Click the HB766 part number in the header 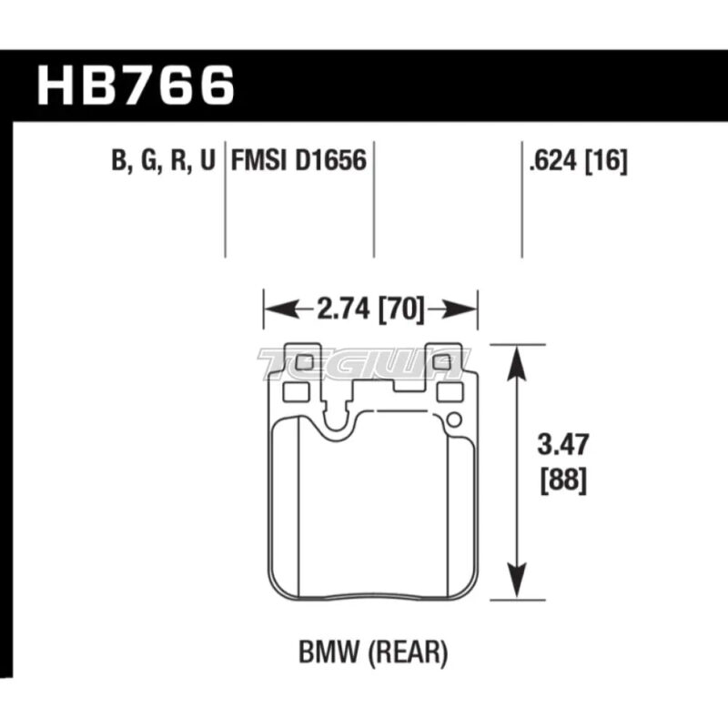[x=136, y=86]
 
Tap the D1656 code [x=331, y=161]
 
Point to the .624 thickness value [x=553, y=161]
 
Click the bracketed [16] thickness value [x=606, y=162]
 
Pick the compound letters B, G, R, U [x=164, y=162]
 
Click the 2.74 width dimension [x=345, y=309]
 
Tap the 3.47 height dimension [x=563, y=444]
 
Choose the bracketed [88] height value [x=563, y=480]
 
